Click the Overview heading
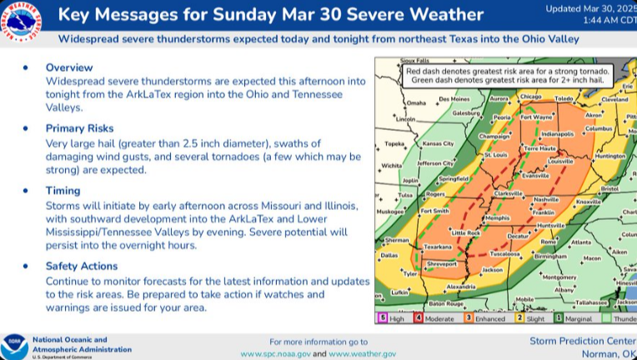(x=70, y=67)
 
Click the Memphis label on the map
(x=497, y=217)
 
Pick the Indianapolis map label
(x=557, y=133)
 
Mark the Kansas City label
(x=438, y=143)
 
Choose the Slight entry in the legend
(x=534, y=317)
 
